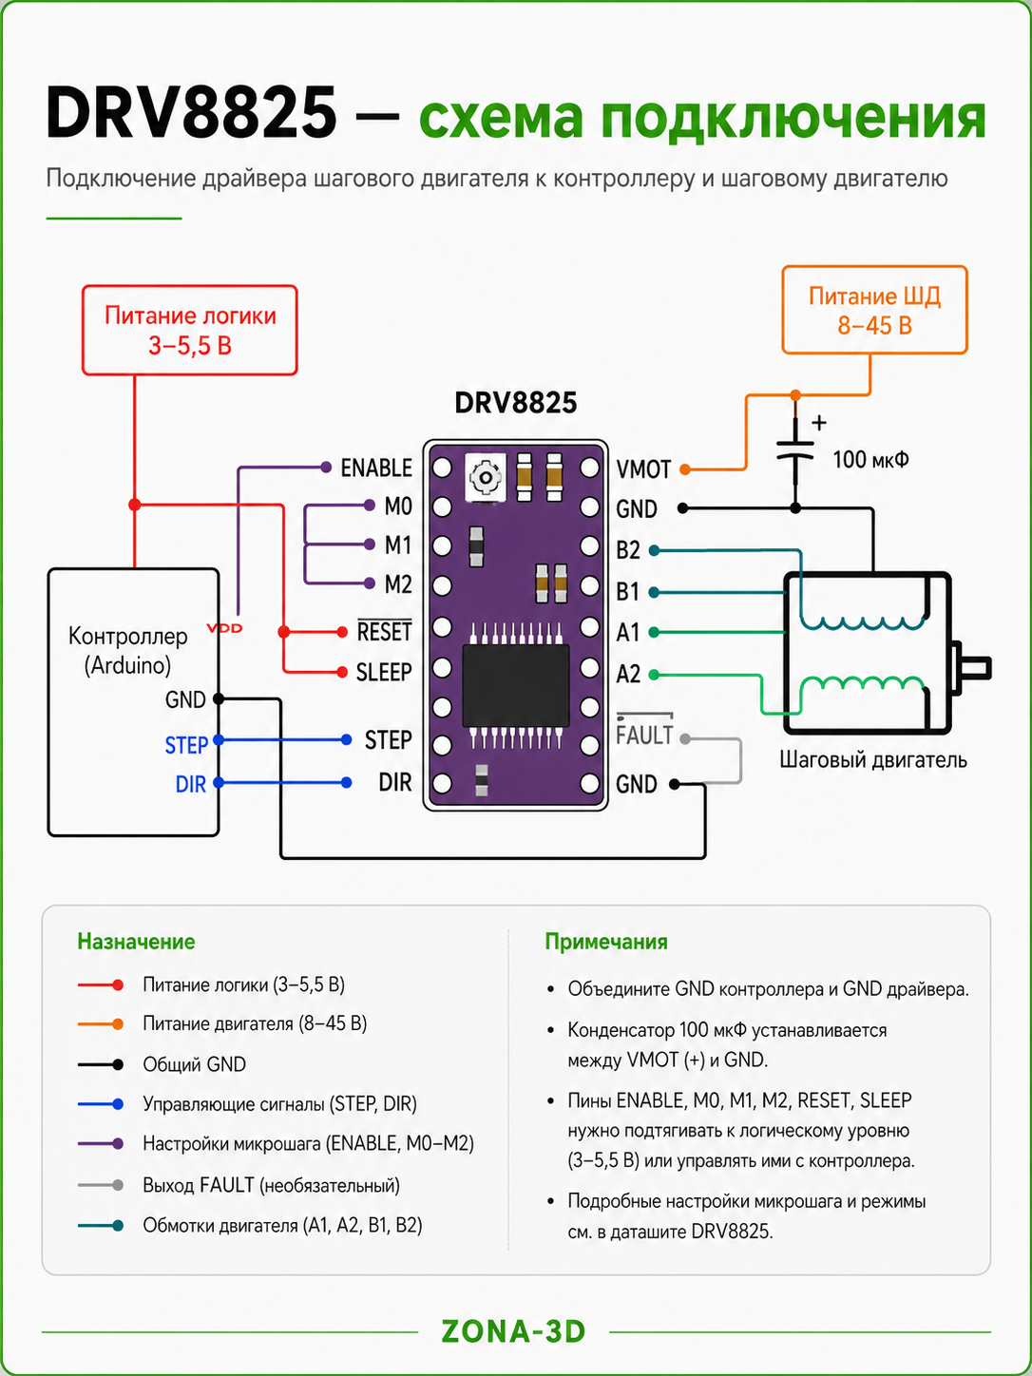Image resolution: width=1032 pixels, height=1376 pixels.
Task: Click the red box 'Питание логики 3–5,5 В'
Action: (189, 331)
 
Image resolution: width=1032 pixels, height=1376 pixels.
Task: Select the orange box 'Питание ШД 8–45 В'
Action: (874, 310)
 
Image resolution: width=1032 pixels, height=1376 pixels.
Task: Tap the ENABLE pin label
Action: (376, 468)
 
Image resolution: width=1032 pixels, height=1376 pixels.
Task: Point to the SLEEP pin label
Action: (384, 672)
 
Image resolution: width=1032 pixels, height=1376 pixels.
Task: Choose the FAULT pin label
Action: (644, 734)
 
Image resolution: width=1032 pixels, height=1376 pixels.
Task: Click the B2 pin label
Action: (628, 550)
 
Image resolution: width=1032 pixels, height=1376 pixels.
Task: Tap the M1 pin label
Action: (398, 545)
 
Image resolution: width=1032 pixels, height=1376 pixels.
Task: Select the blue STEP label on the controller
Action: (186, 745)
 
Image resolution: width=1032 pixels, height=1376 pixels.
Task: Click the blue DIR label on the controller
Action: (190, 784)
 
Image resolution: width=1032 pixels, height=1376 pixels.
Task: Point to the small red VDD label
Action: (224, 628)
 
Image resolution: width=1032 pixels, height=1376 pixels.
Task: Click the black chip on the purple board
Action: (516, 685)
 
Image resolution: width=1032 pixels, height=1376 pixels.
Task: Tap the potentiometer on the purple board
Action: (485, 478)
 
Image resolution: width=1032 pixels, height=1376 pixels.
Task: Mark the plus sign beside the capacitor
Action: (818, 423)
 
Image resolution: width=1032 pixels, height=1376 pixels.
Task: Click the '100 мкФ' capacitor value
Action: (870, 460)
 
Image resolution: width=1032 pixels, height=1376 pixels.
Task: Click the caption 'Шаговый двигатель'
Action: (873, 760)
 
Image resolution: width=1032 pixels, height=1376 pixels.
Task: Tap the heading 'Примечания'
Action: (606, 942)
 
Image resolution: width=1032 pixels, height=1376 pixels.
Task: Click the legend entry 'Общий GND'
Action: (194, 1063)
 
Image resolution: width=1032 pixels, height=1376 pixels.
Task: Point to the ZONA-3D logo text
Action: (513, 1331)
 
